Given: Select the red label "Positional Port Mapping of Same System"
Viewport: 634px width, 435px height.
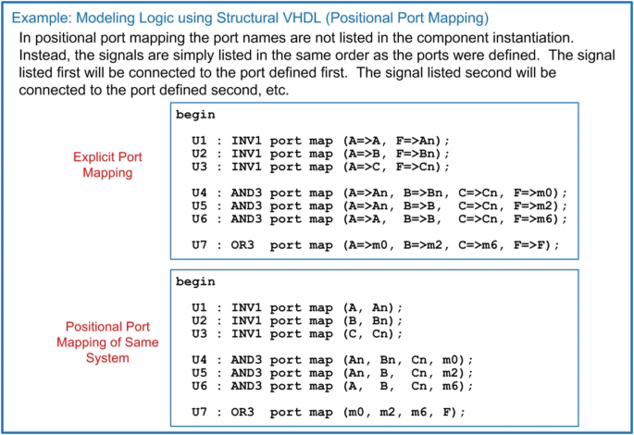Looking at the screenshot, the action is [x=107, y=341].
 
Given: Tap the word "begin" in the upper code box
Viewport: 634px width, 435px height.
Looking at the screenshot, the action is [x=195, y=115].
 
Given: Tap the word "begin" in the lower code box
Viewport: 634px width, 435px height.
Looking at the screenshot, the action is [x=195, y=281].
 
